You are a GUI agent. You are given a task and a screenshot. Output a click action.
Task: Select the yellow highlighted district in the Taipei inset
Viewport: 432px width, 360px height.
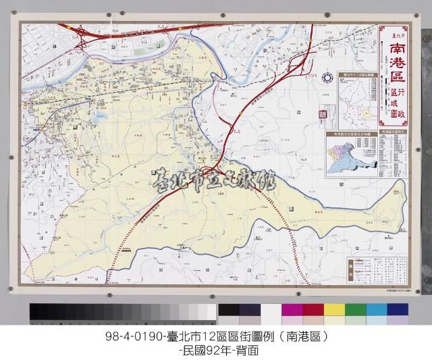coord(368,108)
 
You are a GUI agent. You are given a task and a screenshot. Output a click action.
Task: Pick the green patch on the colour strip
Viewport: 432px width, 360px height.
coord(356,310)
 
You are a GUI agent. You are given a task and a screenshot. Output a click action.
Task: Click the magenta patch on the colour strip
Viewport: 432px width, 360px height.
coord(292,310)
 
